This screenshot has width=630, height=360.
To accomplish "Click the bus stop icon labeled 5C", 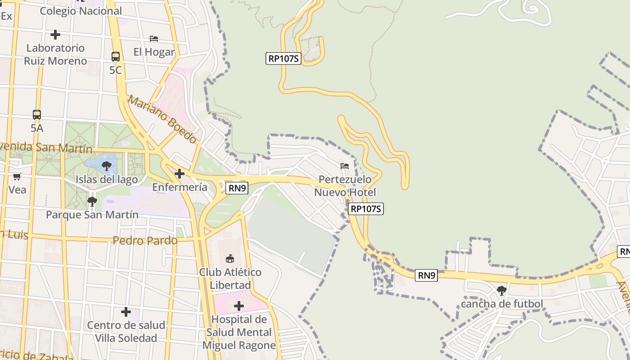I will pyautogui.click(x=116, y=57).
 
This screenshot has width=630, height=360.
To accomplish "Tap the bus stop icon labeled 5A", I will pyautogui.click(x=37, y=115).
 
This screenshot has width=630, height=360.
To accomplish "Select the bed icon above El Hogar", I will pyautogui.click(x=154, y=39).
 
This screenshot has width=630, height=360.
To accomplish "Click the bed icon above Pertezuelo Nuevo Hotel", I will pyautogui.click(x=345, y=166).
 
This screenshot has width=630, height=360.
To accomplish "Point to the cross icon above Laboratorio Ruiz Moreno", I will pyautogui.click(x=55, y=34).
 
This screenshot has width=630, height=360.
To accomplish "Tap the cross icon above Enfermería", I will pyautogui.click(x=180, y=173).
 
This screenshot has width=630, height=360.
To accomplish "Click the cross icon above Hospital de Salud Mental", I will pyautogui.click(x=239, y=306).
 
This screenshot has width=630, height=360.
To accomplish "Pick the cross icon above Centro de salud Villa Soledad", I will pyautogui.click(x=126, y=311).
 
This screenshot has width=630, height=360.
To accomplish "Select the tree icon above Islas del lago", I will pyautogui.click(x=107, y=166).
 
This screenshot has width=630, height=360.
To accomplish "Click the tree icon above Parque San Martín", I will pyautogui.click(x=92, y=201).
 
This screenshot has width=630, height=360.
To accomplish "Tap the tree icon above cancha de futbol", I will pyautogui.click(x=502, y=290).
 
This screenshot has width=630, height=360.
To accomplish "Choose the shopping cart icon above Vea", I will pyautogui.click(x=17, y=176).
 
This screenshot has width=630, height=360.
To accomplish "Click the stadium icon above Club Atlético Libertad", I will pyautogui.click(x=230, y=258).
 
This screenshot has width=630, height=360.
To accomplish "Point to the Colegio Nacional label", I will pyautogui.click(x=81, y=11).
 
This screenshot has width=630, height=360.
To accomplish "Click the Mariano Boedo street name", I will pyautogui.click(x=162, y=119).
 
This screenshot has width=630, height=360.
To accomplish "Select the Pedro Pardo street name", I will pyautogui.click(x=145, y=240).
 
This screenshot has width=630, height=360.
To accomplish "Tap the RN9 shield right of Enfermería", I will pyautogui.click(x=237, y=188).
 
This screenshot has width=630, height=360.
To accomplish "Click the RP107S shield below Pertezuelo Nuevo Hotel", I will pyautogui.click(x=366, y=209).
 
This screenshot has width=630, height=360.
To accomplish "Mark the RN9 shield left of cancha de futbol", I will pyautogui.click(x=426, y=275).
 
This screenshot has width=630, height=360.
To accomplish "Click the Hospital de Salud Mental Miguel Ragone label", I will pyautogui.click(x=239, y=333).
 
